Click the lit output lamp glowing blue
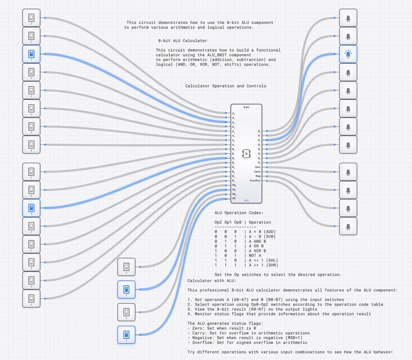[348, 54]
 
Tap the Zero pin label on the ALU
[258, 167]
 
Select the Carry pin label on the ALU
[257, 172]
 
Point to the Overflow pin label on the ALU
[256, 181]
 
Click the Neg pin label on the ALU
[259, 176]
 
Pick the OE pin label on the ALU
[234, 198]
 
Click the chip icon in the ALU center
[246, 153]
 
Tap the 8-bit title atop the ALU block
[246, 107]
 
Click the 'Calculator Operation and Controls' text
[226, 86]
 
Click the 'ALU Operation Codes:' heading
[238, 213]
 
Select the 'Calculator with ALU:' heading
[211, 281]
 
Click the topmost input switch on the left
[31, 19]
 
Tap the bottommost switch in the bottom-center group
[126, 336]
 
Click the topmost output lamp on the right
[348, 19]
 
